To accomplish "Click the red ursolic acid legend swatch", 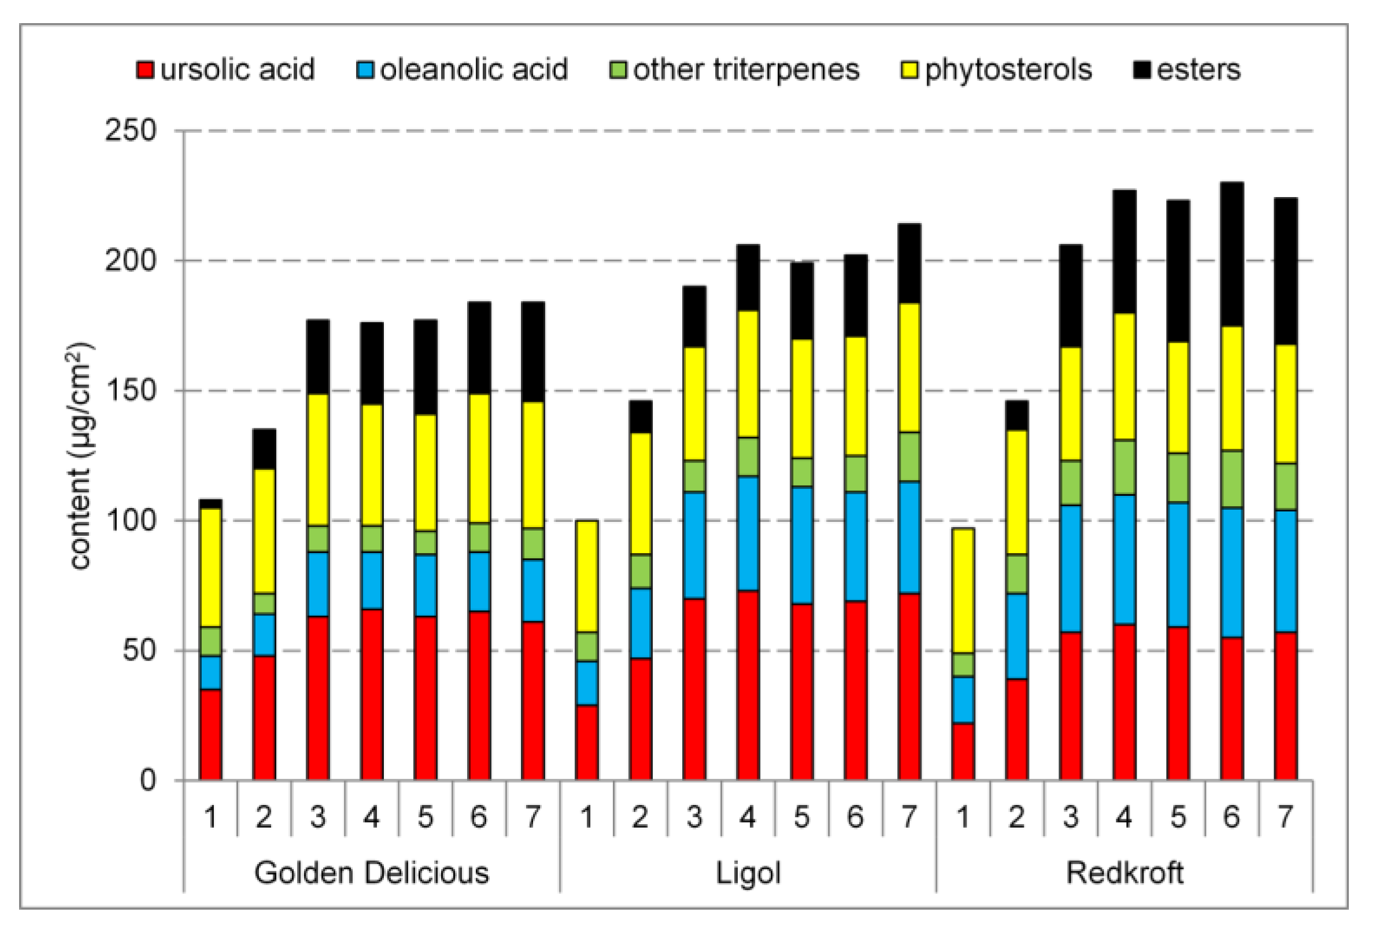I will (145, 70).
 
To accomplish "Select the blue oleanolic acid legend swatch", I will (365, 70).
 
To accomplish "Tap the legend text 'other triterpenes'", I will (746, 70).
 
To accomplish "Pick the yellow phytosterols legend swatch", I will (909, 70).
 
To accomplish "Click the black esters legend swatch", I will (1142, 70).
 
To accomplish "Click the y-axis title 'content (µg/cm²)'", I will (80, 455).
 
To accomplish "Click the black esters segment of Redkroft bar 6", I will (1231, 254).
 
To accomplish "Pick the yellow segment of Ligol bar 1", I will (587, 576).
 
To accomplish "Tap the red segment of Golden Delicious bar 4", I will (372, 695).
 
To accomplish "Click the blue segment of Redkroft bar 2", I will (1016, 636).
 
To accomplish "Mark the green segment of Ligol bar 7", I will (909, 457).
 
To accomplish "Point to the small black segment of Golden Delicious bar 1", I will (210, 504).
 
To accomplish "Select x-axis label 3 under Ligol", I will (694, 818).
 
